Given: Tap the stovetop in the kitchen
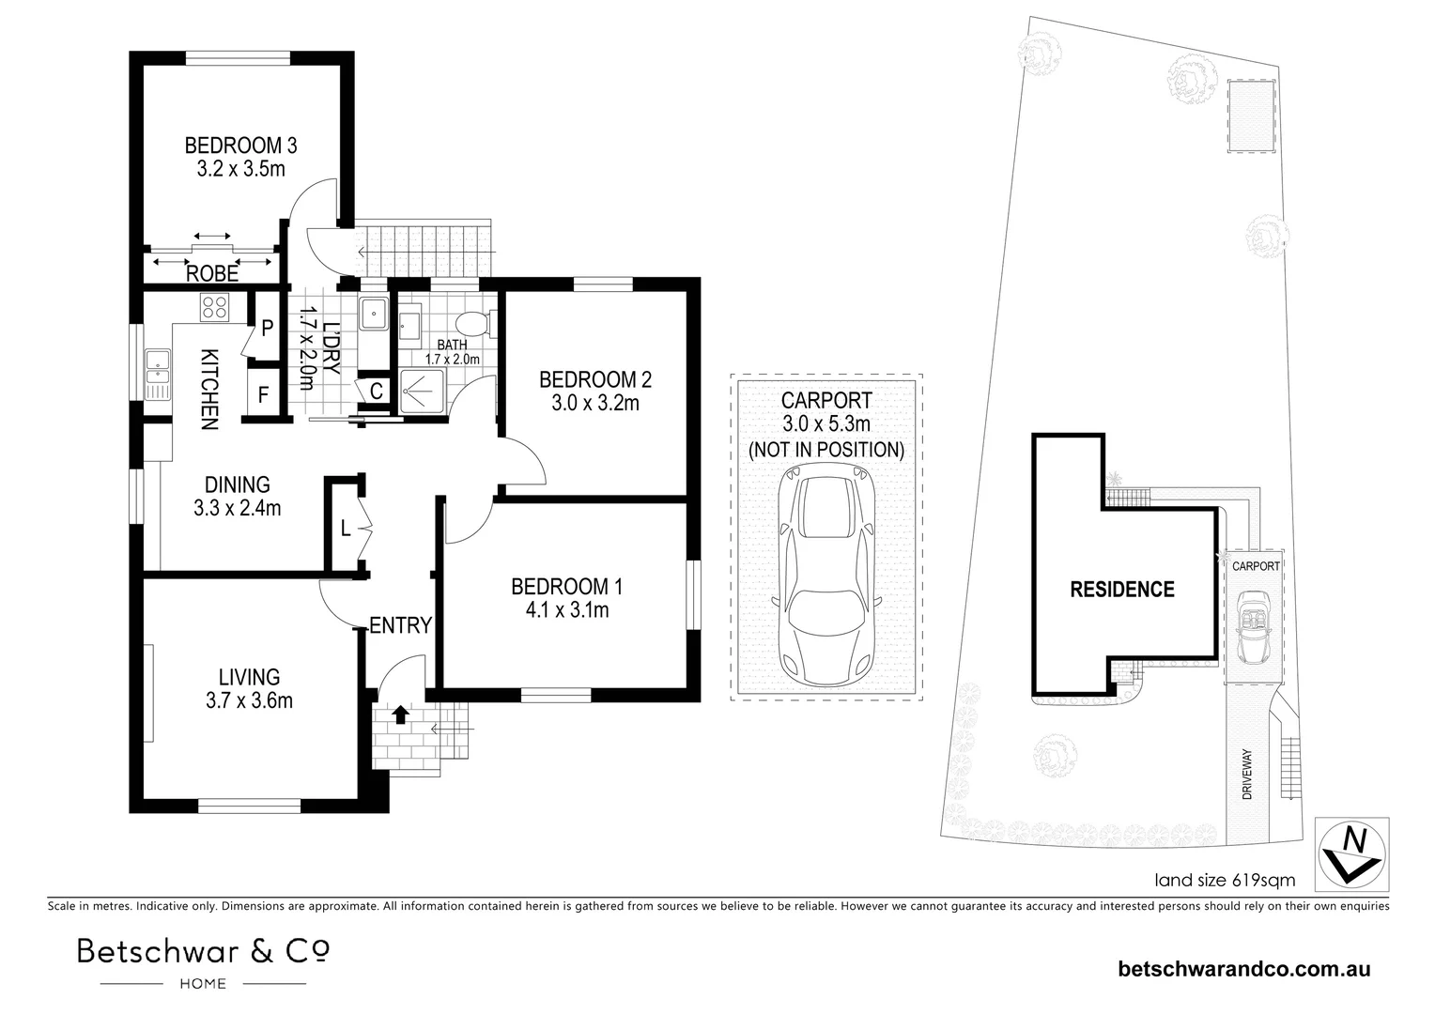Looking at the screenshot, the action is coord(214,307).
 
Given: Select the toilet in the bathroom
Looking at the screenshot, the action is coord(477,324).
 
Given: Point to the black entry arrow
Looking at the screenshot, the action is coord(400,714).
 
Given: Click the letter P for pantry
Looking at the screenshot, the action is coord(267,328).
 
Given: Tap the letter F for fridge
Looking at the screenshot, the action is coord(263,394).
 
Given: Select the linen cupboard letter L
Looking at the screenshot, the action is coord(346,529).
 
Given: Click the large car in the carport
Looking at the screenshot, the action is coord(826,574).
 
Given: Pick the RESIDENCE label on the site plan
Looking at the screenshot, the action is coord(1122,590).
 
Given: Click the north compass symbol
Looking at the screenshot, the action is coord(1352,853).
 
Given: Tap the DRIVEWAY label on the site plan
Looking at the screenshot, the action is coord(1246,774).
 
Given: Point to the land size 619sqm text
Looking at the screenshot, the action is coord(1225,880).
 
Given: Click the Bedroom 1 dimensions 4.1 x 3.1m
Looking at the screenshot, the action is coord(567,610).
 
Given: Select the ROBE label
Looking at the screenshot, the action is coord(212,274).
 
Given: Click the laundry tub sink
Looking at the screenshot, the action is coord(373,314).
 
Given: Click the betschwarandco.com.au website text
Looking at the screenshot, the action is coord(1244,969).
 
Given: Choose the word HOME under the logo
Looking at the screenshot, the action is coord(203,984).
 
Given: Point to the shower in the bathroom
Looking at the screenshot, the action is coord(423,390).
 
